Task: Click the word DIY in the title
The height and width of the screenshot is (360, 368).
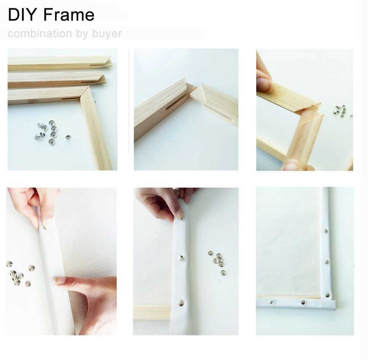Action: (23, 15)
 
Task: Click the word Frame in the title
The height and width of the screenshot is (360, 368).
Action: (69, 15)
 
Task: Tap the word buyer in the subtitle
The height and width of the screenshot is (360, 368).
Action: (107, 34)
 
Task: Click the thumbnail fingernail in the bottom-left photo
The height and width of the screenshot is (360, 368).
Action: (60, 280)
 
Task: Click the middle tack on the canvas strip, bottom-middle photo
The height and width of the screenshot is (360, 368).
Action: (181, 258)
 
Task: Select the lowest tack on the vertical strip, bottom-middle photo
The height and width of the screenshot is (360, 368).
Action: (181, 303)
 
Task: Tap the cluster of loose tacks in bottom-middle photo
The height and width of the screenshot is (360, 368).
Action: (217, 261)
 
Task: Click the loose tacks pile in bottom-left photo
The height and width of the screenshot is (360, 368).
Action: (17, 275)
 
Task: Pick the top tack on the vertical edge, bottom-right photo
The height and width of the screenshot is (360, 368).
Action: (326, 231)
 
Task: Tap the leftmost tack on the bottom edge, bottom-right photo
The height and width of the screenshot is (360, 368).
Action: (270, 302)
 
